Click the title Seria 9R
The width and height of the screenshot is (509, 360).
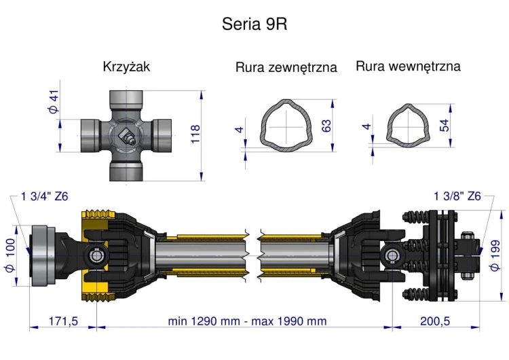[254, 24]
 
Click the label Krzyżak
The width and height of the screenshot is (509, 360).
[126, 67]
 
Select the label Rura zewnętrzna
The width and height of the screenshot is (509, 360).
[286, 67]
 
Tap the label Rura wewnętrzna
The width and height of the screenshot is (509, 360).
[408, 66]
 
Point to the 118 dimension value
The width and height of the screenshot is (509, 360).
[196, 134]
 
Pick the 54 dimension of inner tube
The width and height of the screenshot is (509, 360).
[445, 125]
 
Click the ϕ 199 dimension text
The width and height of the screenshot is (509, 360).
[495, 255]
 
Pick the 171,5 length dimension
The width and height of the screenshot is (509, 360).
[62, 321]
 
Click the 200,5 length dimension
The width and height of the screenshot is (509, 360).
[435, 321]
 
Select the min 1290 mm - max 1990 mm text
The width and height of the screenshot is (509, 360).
[247, 321]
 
